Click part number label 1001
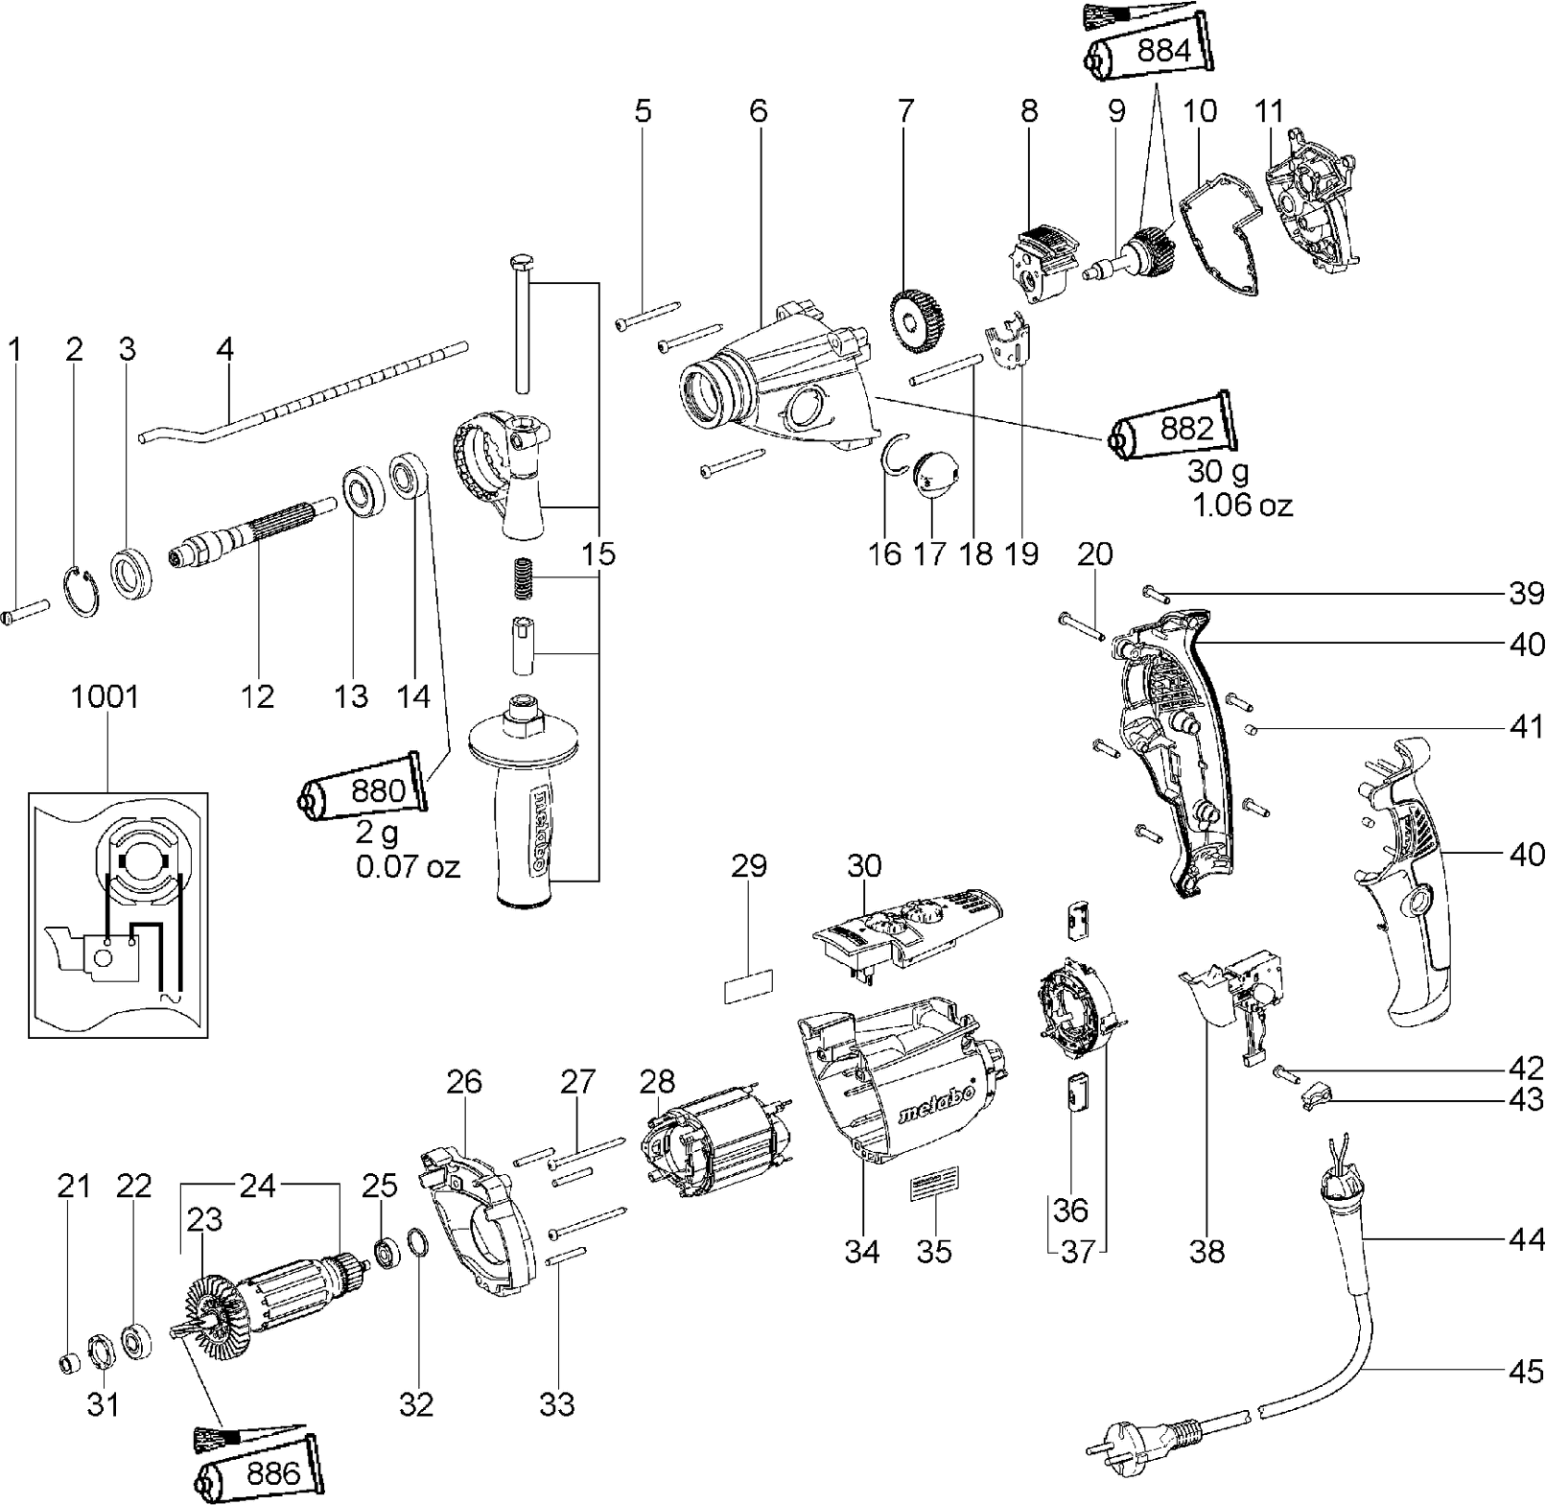105,697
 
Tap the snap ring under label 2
84,593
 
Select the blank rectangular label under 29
748,985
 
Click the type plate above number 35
935,1190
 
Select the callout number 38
1208,1252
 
